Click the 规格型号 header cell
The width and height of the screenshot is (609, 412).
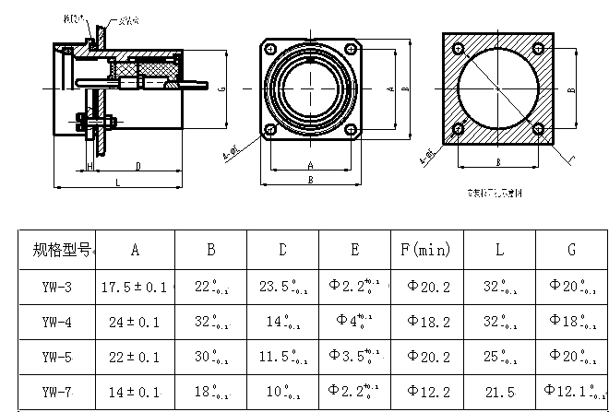click(x=59, y=249)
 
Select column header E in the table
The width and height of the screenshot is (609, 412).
click(x=355, y=249)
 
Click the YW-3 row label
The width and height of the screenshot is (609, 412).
click(x=57, y=287)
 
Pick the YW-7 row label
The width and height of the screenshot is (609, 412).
click(x=57, y=392)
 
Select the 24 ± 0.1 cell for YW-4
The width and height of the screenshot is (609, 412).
click(x=135, y=323)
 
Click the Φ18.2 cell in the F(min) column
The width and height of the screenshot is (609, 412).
click(x=426, y=323)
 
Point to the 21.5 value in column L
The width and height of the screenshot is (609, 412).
click(x=499, y=392)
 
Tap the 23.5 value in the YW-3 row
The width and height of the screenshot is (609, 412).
click(x=281, y=287)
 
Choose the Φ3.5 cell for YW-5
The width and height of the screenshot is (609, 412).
click(x=355, y=358)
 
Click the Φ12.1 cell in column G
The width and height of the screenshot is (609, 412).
click(x=572, y=392)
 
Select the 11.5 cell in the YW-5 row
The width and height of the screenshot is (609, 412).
click(x=281, y=358)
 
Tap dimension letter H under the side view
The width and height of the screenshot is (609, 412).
click(x=90, y=166)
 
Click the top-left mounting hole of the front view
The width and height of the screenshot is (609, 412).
click(x=271, y=49)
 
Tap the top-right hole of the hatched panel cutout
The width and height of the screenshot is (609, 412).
click(x=546, y=46)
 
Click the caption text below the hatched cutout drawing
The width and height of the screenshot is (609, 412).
click(x=496, y=194)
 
